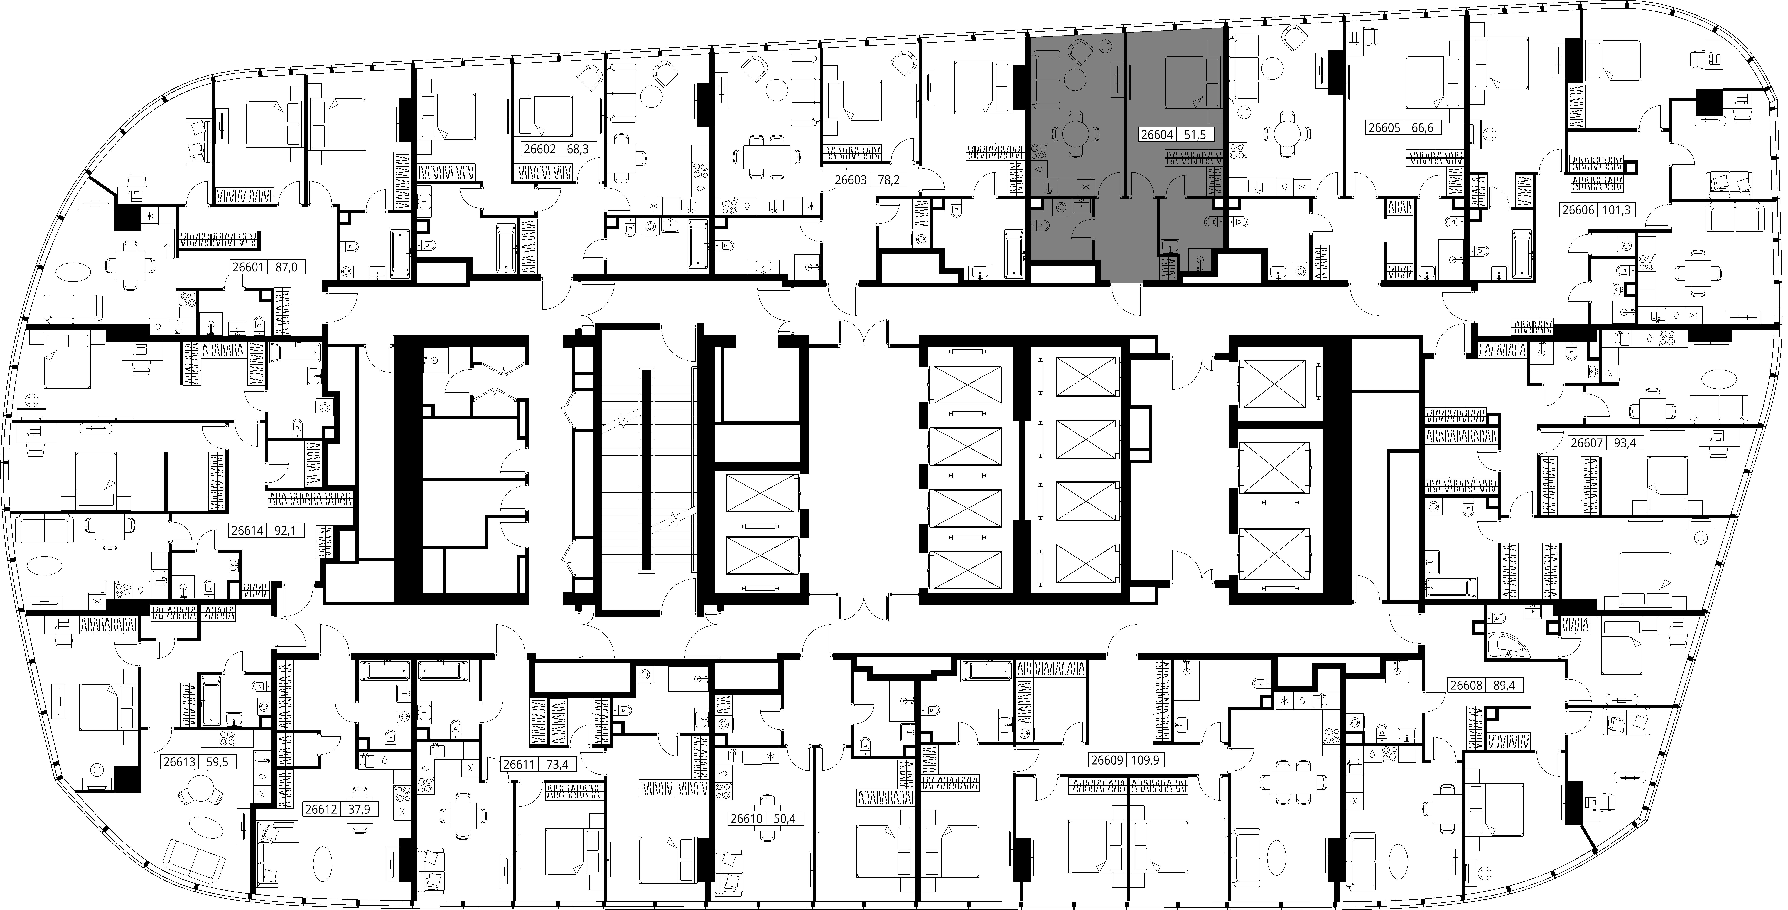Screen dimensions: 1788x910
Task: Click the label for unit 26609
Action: click(1107, 760)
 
